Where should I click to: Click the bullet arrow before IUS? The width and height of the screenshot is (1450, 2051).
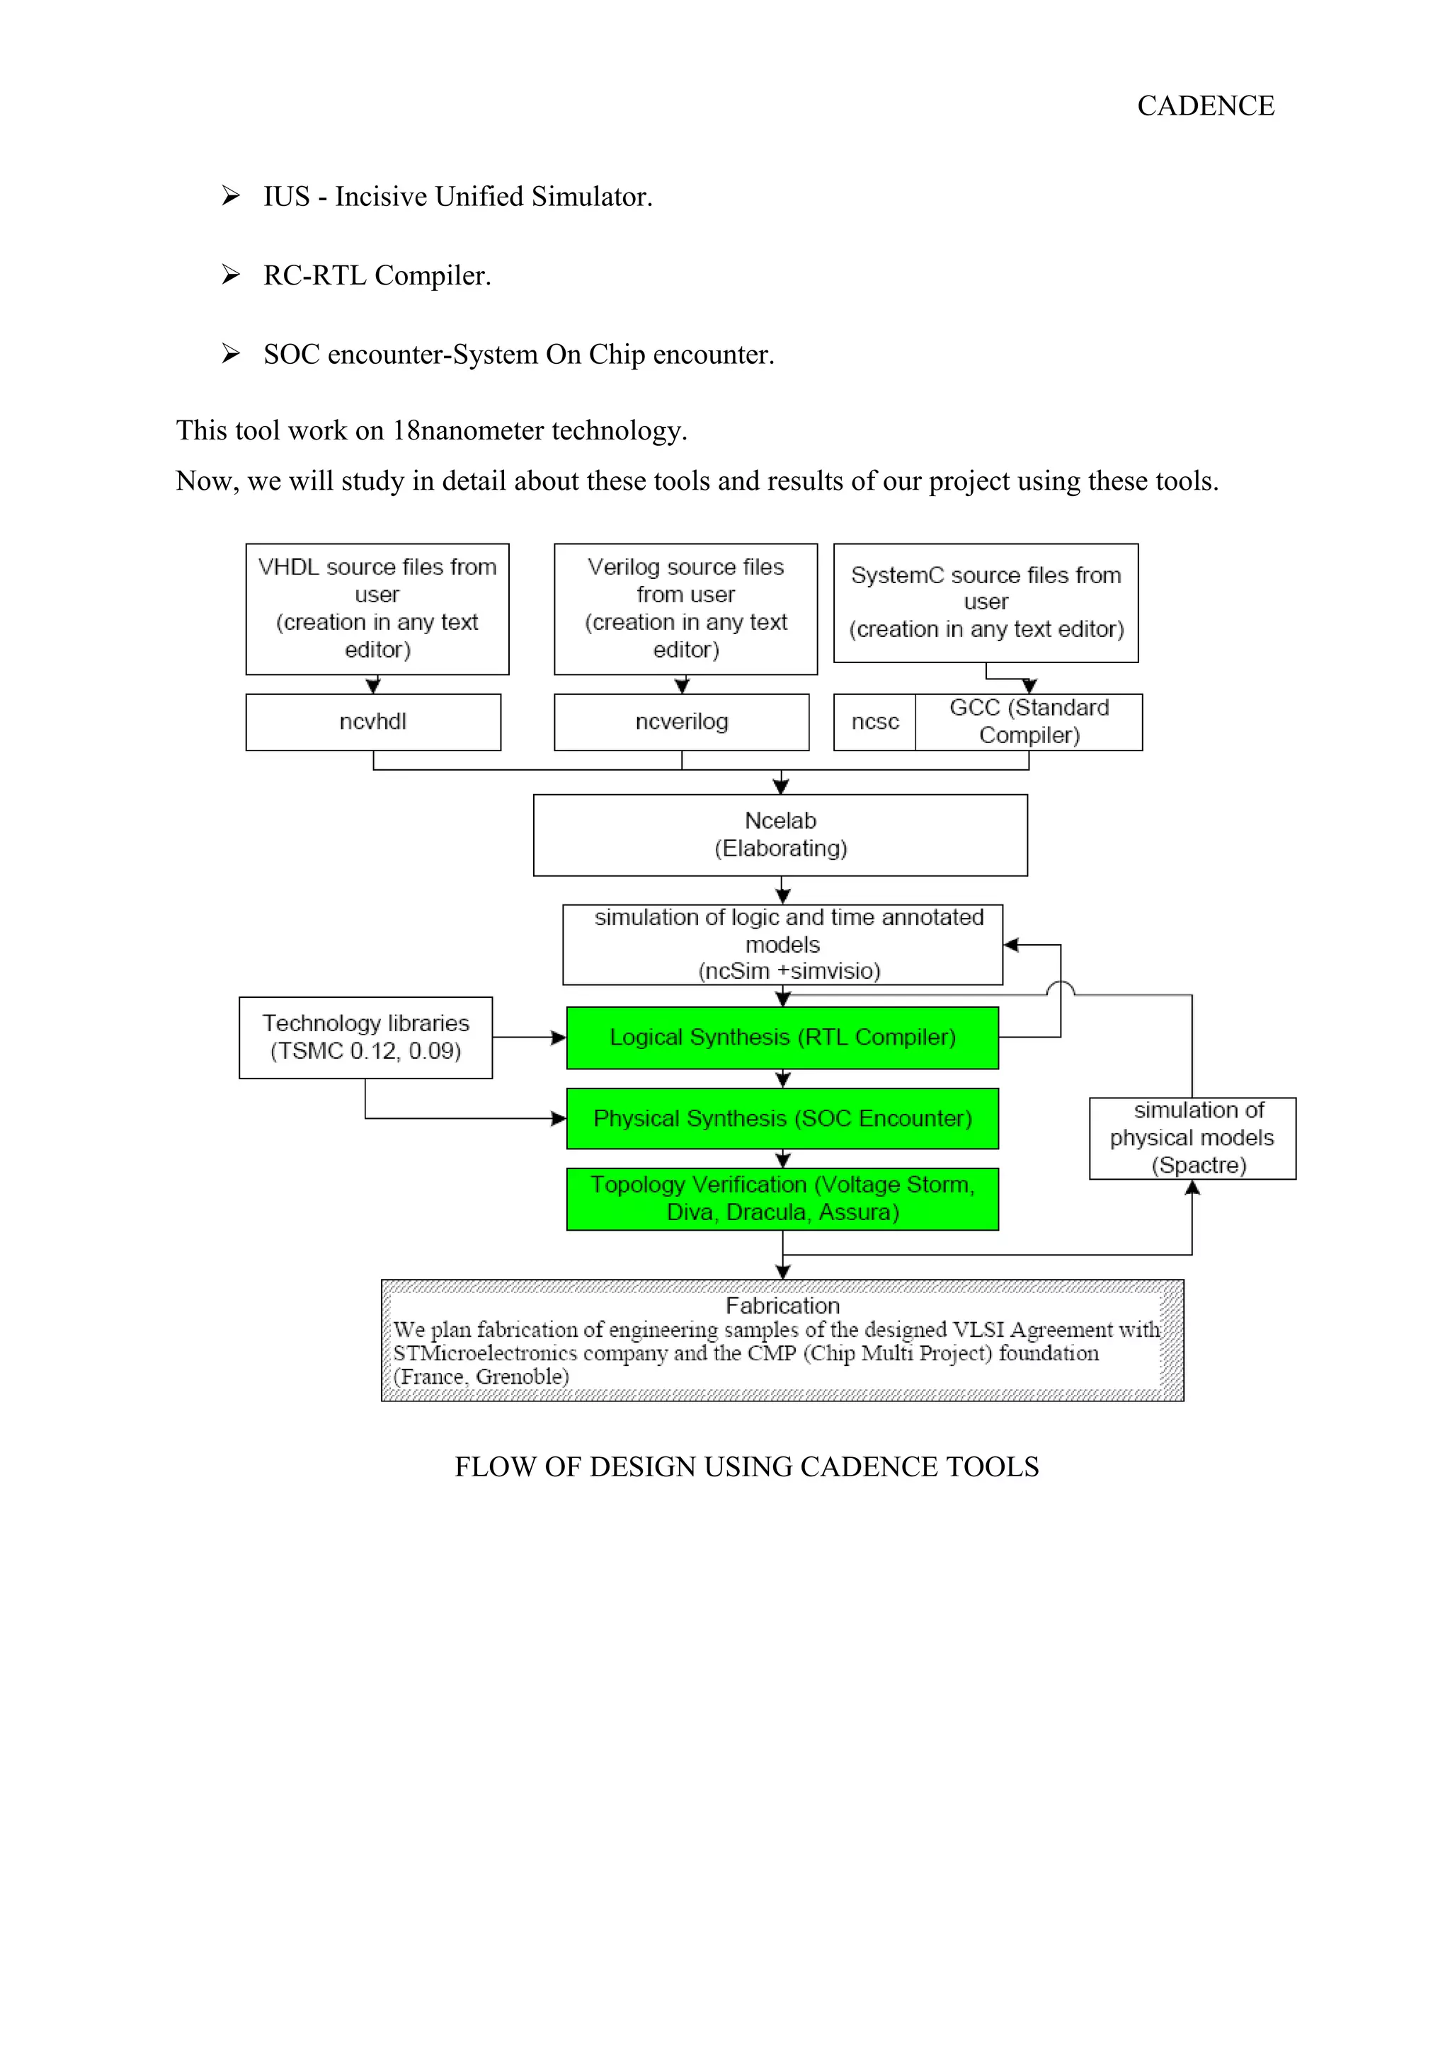pos(231,195)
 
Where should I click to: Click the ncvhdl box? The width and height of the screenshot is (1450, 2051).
pos(372,722)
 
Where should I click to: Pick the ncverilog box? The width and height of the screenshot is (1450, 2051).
pos(681,722)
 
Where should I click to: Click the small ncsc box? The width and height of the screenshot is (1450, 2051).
pos(874,722)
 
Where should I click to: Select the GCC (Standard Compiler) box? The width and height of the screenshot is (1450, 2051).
pos(1028,722)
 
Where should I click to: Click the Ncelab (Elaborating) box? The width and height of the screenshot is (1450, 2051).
pos(780,834)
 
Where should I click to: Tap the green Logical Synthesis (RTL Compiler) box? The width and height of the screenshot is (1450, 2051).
pos(782,1037)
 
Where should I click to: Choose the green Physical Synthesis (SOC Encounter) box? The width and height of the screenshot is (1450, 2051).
pos(782,1118)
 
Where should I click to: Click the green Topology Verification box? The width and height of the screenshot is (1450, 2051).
pos(782,1199)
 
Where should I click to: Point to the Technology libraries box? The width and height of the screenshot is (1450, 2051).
pos(365,1037)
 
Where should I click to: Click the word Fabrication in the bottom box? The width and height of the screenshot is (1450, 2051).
pos(782,1306)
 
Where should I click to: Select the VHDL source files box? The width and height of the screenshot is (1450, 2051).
pos(377,609)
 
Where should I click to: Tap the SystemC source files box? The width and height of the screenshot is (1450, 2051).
pos(986,603)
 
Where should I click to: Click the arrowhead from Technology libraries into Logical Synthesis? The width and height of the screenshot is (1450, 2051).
pos(559,1037)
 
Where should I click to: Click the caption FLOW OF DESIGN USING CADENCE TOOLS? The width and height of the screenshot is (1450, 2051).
pos(746,1467)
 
